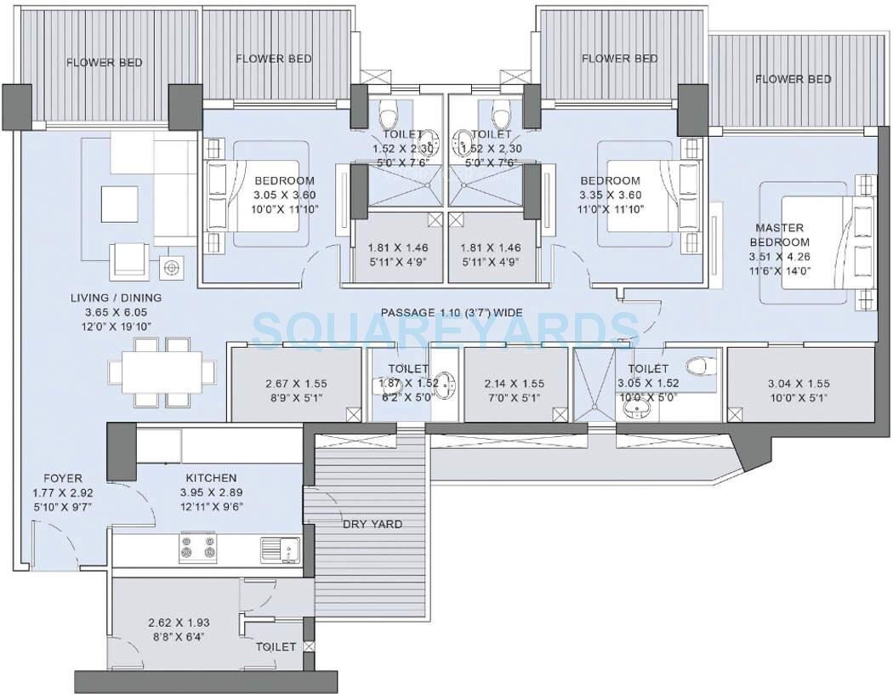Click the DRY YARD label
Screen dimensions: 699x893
coord(373,524)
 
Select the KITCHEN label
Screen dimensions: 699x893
coord(208,478)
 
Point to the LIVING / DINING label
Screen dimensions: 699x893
coord(117,298)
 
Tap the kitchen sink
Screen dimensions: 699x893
coord(280,550)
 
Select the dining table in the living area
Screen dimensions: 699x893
coord(162,372)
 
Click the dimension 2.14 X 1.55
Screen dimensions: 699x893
coord(514,384)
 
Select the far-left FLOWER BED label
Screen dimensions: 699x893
coord(104,62)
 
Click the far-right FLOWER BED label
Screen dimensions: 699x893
coord(793,79)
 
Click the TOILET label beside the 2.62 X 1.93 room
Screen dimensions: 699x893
coord(276,647)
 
